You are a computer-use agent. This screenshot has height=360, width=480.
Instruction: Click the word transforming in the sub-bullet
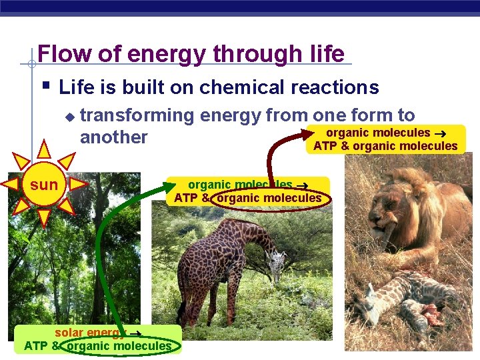pyautogui.click(x=137, y=116)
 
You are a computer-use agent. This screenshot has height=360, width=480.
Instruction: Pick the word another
pyautogui.click(x=113, y=137)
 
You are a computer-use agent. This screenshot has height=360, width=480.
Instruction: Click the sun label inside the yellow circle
pyautogui.click(x=44, y=185)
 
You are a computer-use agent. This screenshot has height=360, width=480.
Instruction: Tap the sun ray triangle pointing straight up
pyautogui.click(x=44, y=149)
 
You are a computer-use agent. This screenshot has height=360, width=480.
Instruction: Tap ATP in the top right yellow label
pyautogui.click(x=325, y=146)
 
